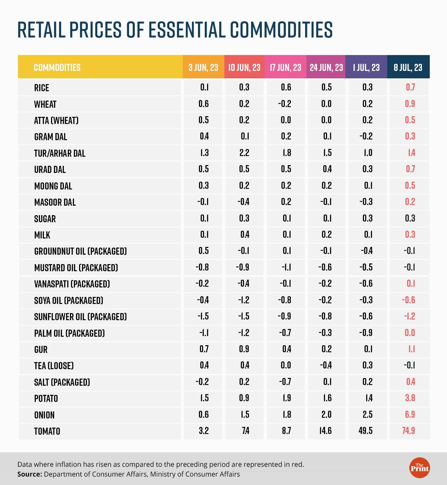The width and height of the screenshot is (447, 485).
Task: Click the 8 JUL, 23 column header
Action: pos(408,68)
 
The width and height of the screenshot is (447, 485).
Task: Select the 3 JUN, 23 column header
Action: pos(203,68)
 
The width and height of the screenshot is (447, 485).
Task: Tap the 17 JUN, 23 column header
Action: pos(285,68)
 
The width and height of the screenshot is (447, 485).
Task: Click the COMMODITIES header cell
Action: pos(57,68)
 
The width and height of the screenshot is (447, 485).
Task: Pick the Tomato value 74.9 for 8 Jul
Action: pos(409,431)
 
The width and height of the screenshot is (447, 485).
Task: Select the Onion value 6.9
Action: pos(410,414)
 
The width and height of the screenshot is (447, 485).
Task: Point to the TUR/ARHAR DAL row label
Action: pos(60,153)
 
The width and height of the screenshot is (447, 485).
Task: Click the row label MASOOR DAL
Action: pos(55,202)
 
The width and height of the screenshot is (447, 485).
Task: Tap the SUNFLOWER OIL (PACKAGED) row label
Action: pos(80,317)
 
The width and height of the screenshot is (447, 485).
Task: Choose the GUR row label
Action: pos(41,350)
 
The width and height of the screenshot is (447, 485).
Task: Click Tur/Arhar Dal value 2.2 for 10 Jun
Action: pos(244,153)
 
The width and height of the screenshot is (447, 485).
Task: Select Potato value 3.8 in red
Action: pos(410,398)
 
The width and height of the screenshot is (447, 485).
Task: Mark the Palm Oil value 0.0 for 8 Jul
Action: pos(410,333)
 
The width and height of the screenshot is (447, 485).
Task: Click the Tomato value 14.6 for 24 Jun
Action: pos(325,431)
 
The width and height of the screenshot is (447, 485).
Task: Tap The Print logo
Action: pos(419,468)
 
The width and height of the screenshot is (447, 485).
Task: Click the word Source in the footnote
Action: pos(30,474)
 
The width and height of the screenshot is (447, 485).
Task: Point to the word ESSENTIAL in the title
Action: pos(187,30)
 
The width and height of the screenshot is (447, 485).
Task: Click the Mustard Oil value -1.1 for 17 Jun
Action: pos(286,267)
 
